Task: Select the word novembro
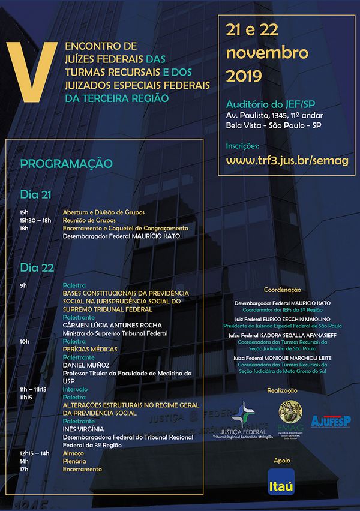267,52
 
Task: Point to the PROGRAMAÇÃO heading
66,163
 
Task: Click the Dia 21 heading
35,195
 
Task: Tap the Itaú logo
281,482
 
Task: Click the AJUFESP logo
331,422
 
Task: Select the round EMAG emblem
291,411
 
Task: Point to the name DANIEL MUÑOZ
86,365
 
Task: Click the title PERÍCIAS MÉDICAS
90,349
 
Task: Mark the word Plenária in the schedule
74,461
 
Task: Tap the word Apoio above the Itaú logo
281,460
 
